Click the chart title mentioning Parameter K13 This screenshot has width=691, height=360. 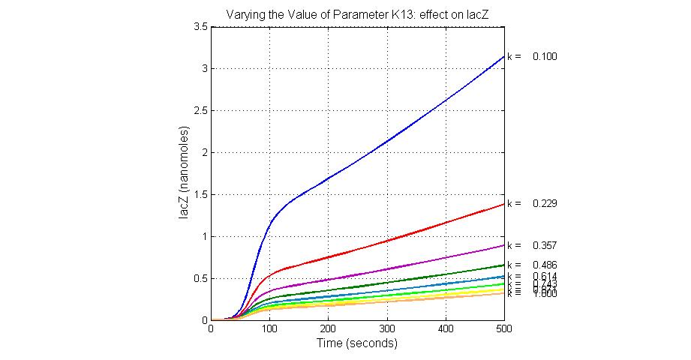[x=356, y=13]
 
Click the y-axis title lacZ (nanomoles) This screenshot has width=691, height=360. [x=184, y=172]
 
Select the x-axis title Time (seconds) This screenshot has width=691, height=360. [x=357, y=344]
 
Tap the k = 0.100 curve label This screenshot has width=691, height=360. [x=532, y=56]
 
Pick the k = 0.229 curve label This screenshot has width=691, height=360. [x=532, y=203]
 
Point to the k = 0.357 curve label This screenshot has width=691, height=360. [x=532, y=245]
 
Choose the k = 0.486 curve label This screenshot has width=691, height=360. [x=532, y=265]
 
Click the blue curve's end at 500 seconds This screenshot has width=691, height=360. [x=503, y=56]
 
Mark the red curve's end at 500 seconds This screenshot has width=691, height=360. [x=503, y=204]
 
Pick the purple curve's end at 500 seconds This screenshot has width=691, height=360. [x=503, y=245]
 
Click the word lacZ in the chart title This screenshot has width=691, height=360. [x=476, y=13]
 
